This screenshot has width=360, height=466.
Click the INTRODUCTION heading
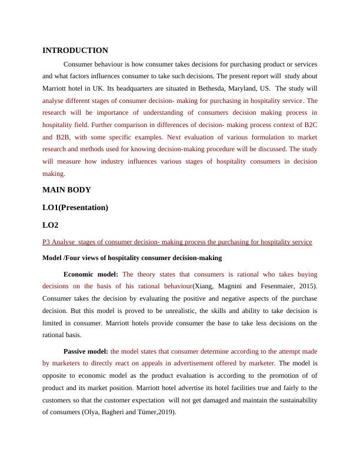pyautogui.click(x=75, y=51)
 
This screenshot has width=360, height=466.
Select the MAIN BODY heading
pyautogui.click(x=66, y=190)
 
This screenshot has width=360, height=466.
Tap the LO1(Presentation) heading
pyautogui.click(x=75, y=207)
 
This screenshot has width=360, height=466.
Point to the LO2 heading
pyautogui.click(x=51, y=225)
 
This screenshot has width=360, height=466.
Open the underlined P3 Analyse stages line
pyautogui.click(x=177, y=242)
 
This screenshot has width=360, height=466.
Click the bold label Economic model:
pyautogui.click(x=91, y=274)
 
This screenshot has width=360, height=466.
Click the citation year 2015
pyautogui.click(x=304, y=286)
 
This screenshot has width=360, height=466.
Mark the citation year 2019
pyautogui.click(x=165, y=412)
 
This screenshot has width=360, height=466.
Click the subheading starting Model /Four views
pyautogui.click(x=132, y=258)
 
